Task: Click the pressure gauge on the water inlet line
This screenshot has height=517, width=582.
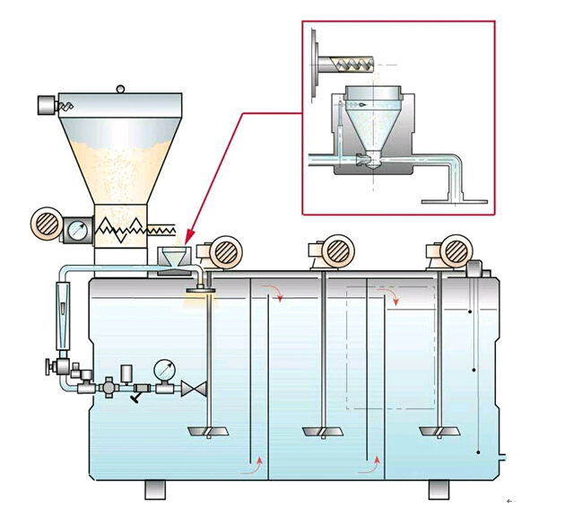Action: point(164,370)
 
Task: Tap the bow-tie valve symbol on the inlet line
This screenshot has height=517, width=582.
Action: point(192,390)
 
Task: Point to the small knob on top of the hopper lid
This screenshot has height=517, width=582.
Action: point(121,88)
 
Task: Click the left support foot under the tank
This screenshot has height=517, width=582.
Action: point(156,489)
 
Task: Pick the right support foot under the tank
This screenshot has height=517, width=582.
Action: point(439,489)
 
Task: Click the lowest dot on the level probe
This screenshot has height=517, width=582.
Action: point(481,451)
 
